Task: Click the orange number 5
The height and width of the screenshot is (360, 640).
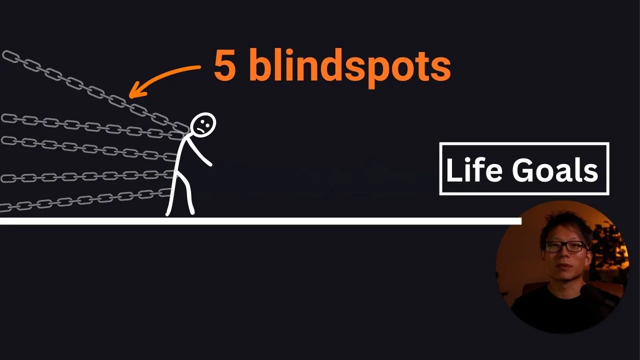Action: click(x=225, y=65)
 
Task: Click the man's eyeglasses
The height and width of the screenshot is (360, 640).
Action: click(x=565, y=246)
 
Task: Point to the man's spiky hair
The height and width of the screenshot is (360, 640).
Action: click(x=565, y=225)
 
